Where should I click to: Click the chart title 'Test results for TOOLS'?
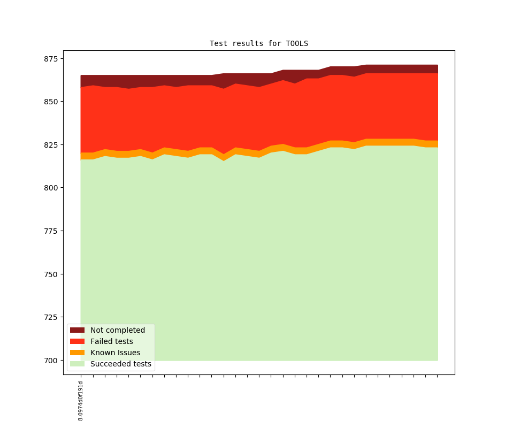pyautogui.click(x=259, y=43)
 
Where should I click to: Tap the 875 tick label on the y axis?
pyautogui.click(x=53, y=58)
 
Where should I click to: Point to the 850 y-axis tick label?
pyautogui.click(x=53, y=102)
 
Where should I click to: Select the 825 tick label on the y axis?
pyautogui.click(x=53, y=145)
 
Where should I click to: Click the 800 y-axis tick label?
pyautogui.click(x=53, y=188)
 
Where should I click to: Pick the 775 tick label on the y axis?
pyautogui.click(x=53, y=231)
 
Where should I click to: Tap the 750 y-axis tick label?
pyautogui.click(x=53, y=274)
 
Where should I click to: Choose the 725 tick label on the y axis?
pyautogui.click(x=53, y=317)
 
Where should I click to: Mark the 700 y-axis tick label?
pyautogui.click(x=53, y=361)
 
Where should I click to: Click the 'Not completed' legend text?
pyautogui.click(x=118, y=330)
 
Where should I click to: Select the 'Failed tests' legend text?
pyautogui.click(x=112, y=341)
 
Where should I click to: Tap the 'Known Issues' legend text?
pyautogui.click(x=116, y=353)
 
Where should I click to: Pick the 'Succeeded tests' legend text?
pyautogui.click(x=121, y=364)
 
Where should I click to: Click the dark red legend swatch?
pyautogui.click(x=78, y=330)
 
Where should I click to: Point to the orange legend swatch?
pyautogui.click(x=78, y=353)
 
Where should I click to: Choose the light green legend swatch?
pyautogui.click(x=78, y=364)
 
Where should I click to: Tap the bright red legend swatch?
pyautogui.click(x=78, y=341)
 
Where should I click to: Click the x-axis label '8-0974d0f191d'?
pyautogui.click(x=81, y=401)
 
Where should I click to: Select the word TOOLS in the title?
pyautogui.click(x=297, y=43)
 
